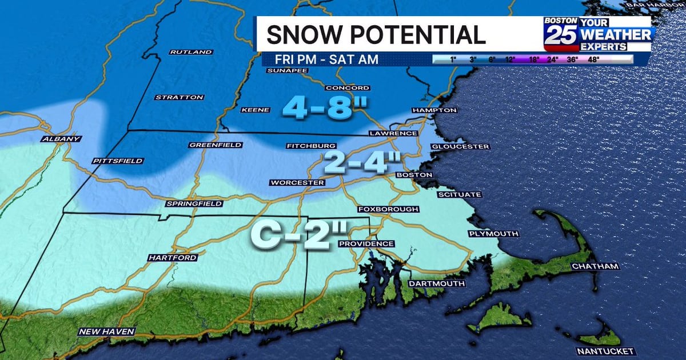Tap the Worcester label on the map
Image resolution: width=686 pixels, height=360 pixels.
tap(297, 183)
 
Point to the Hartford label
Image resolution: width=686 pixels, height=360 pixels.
tap(173, 258)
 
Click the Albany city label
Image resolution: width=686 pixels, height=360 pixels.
tap(61, 139)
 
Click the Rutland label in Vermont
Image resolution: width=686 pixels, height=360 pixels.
tap(191, 52)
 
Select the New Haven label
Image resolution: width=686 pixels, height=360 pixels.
tap(107, 331)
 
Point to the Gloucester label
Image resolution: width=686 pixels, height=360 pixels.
tap(461, 147)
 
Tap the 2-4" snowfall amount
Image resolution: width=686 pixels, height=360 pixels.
tap(361, 165)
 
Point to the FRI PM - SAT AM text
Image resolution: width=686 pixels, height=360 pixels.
tap(326, 59)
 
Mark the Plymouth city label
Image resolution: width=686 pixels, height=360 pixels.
tap(493, 234)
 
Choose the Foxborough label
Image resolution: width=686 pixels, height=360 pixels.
tap(388, 209)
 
